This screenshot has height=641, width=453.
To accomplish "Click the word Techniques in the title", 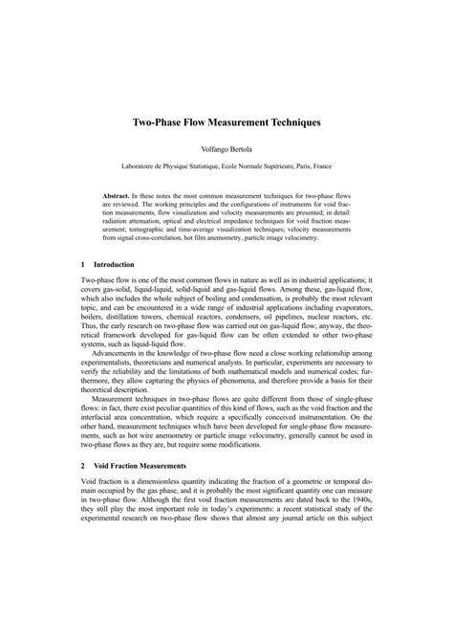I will (292, 123).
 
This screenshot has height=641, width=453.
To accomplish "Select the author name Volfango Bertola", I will (226, 150).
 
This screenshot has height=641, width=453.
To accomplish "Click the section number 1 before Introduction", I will (84, 264).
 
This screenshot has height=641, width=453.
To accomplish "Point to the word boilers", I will (96, 320).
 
